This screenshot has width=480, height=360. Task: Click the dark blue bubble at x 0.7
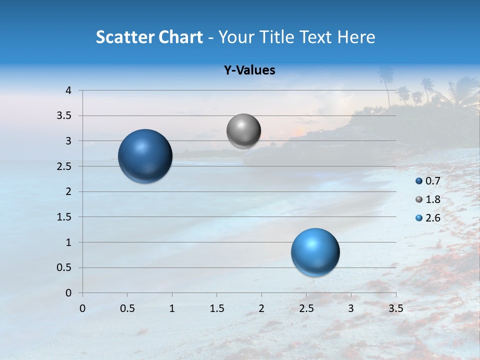pos(145,156)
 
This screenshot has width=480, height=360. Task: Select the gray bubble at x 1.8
pos(243,131)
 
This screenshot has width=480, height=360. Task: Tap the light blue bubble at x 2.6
pos(315,252)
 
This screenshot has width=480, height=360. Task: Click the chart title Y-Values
pos(249,70)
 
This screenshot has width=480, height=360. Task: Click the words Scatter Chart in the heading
pos(149,37)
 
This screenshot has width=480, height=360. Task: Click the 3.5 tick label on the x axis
pos(395,308)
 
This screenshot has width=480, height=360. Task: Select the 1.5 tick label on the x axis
pos(216,308)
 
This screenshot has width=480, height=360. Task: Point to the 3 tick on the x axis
pos(351,308)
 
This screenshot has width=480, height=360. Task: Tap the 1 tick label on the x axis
pos(172,308)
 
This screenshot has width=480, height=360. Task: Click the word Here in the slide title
pos(356,37)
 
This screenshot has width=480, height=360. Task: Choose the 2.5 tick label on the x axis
pos(306,308)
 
